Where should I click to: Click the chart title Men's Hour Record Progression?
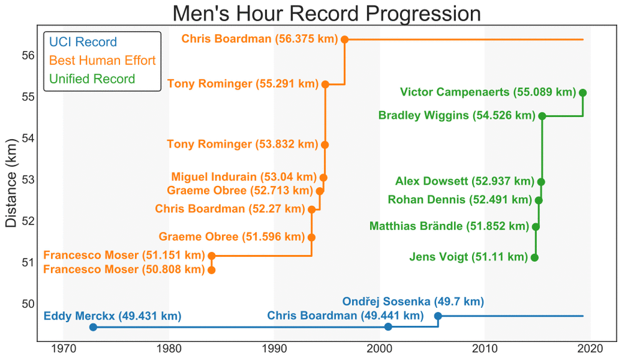(327, 14)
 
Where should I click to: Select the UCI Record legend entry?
(83, 42)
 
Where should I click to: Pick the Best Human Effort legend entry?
(102, 60)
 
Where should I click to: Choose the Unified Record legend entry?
(91, 79)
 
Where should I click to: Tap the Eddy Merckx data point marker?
(93, 327)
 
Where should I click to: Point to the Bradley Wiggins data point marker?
(542, 116)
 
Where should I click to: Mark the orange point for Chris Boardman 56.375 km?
(345, 39)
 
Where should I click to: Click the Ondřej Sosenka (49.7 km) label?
(413, 302)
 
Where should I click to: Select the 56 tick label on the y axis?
(27, 55)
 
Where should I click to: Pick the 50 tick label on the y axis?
(27, 304)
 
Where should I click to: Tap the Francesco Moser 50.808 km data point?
(211, 270)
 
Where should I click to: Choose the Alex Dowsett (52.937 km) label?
(465, 182)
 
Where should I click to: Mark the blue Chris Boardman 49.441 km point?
(389, 326)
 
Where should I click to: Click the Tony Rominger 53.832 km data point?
(325, 145)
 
